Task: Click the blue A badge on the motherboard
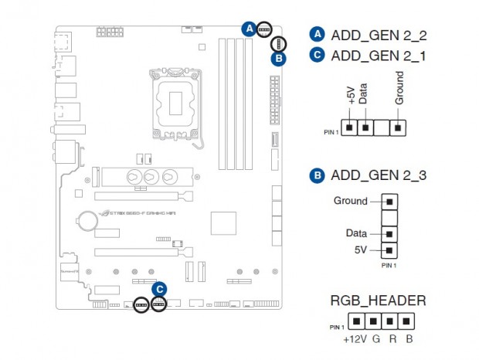coord(249,29)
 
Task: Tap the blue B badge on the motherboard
coord(279,58)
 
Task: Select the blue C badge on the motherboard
coord(159,290)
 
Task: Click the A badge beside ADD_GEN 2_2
coord(317,34)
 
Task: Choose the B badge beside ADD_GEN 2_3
coord(317,176)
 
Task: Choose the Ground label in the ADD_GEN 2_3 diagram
coord(350,201)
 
